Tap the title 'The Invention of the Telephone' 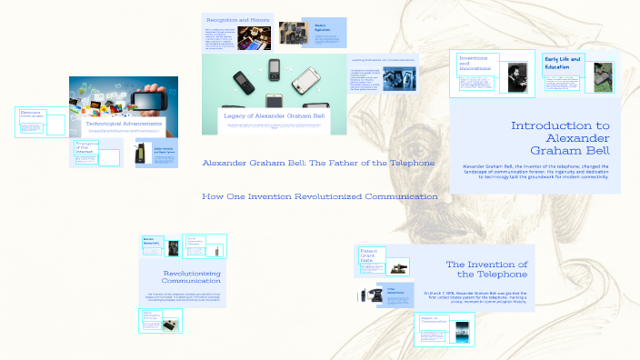pyautogui.click(x=486, y=269)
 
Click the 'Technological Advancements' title pyautogui.click(x=125, y=124)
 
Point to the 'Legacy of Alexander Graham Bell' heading pyautogui.click(x=275, y=115)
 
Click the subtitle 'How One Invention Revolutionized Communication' pyautogui.click(x=319, y=196)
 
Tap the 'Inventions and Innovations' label pyautogui.click(x=475, y=62)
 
